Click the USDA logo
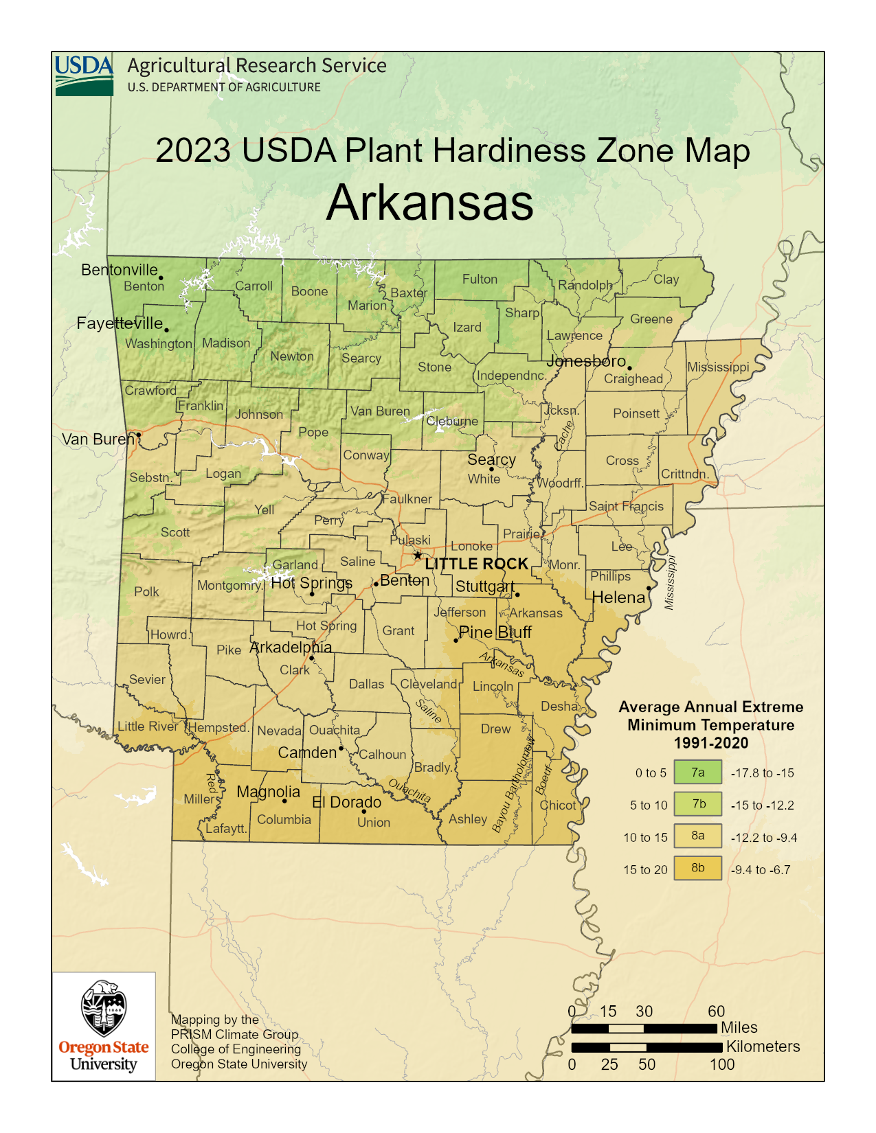pyautogui.click(x=84, y=76)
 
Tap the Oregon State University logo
pyautogui.click(x=104, y=1026)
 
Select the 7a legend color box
pyautogui.click(x=697, y=772)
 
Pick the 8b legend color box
pyautogui.click(x=697, y=868)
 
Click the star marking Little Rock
pyautogui.click(x=417, y=555)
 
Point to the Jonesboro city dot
pyautogui.click(x=629, y=368)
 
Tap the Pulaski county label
pyautogui.click(x=410, y=540)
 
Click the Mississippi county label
pyautogui.click(x=718, y=367)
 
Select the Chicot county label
pyautogui.click(x=558, y=805)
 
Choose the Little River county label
pyautogui.click(x=148, y=726)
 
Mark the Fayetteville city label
pyautogui.click(x=120, y=323)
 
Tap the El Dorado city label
pyautogui.click(x=346, y=802)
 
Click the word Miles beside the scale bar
pyautogui.click(x=739, y=1027)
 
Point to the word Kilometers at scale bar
pyautogui.click(x=763, y=1046)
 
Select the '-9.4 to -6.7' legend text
pyautogui.click(x=761, y=869)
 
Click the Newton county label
pyautogui.click(x=292, y=356)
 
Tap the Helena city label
pyautogui.click(x=618, y=597)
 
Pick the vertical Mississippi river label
pyautogui.click(x=670, y=582)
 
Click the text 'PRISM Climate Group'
pyautogui.click(x=234, y=1034)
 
